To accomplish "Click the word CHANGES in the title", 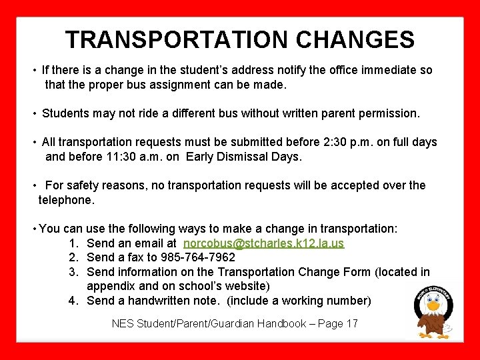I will click(x=355, y=39).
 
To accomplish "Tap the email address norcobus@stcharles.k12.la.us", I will click(x=264, y=243).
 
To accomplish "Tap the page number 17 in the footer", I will click(x=351, y=324).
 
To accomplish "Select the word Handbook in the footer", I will click(x=261, y=324).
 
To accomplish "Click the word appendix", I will click(x=111, y=286).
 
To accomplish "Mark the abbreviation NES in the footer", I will click(x=123, y=324).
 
